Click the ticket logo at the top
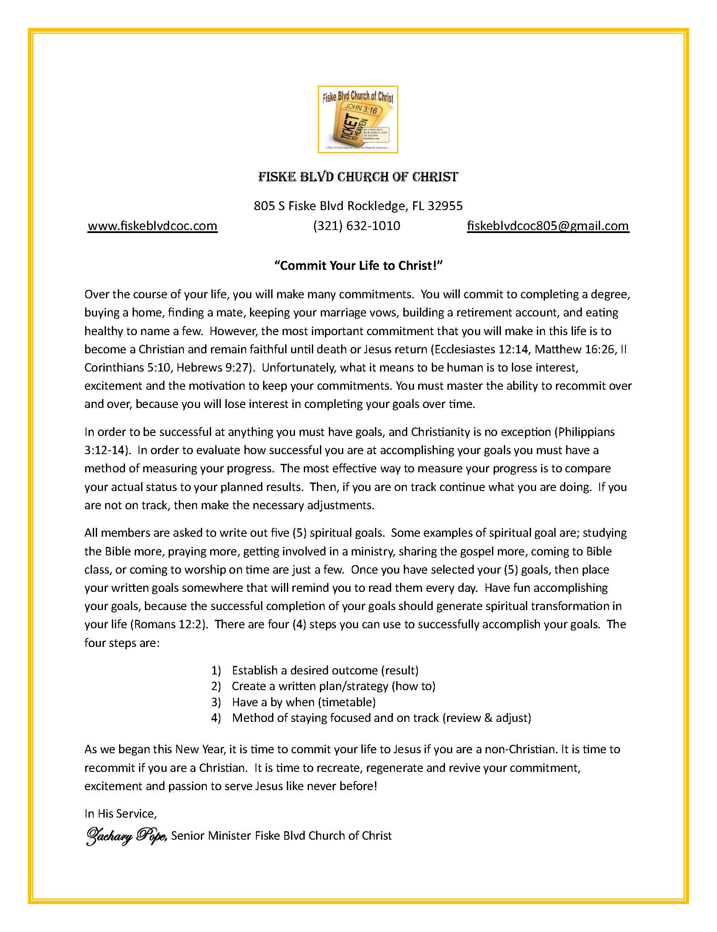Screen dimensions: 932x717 (x=358, y=119)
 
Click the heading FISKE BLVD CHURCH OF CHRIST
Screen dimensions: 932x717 (x=358, y=177)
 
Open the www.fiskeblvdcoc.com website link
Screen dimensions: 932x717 (x=153, y=226)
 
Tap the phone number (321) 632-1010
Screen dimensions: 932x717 (x=356, y=226)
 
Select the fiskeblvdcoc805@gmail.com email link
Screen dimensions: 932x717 (x=547, y=226)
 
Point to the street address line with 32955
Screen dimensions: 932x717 (x=358, y=206)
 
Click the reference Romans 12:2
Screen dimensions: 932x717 (x=169, y=624)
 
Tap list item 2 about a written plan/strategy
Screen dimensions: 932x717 (x=333, y=686)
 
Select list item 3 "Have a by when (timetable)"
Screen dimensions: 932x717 (x=303, y=702)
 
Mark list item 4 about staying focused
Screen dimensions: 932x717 (x=381, y=718)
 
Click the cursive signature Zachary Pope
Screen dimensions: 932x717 (x=126, y=835)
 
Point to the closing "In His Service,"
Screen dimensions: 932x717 (x=120, y=814)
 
